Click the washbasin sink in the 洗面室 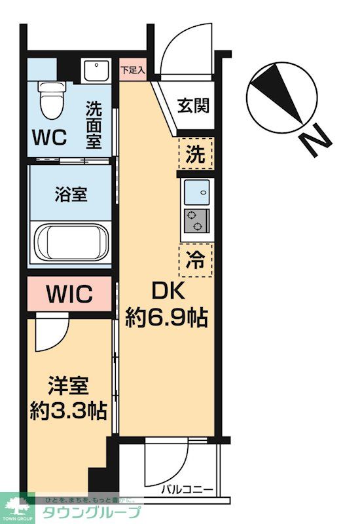coord(97,69)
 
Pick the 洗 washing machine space coord(196,155)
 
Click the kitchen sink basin coord(196,193)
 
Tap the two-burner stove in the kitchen coord(196,221)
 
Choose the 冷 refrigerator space coord(196,260)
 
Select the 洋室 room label coord(67,386)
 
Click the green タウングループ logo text coord(91,513)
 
